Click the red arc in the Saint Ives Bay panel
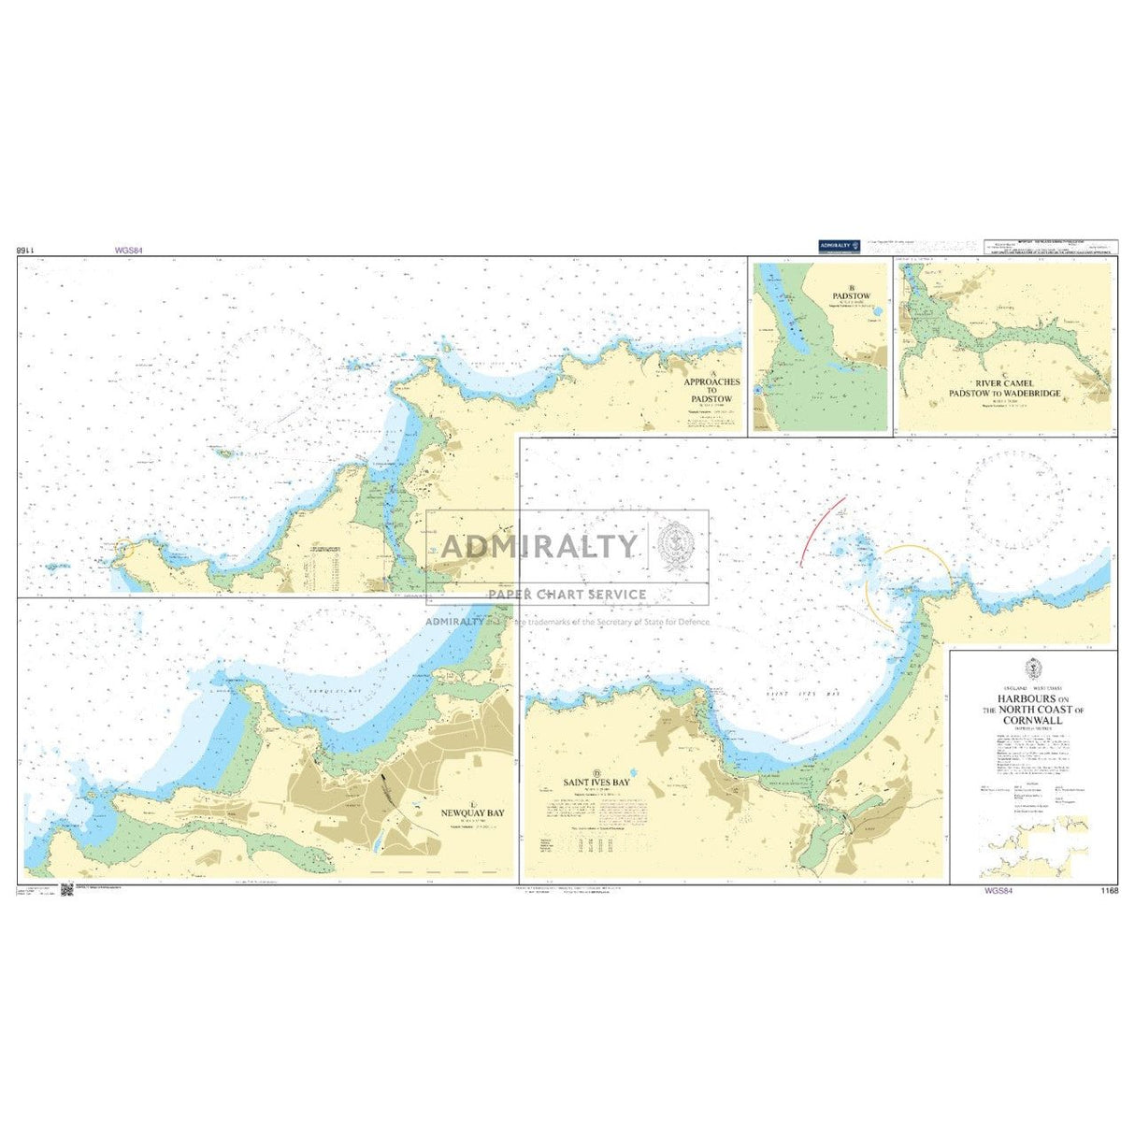(822, 530)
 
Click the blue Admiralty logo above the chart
(839, 246)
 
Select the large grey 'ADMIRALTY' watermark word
(539, 545)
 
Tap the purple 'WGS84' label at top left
(126, 251)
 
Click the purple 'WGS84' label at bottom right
(998, 891)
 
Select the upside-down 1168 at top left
(24, 251)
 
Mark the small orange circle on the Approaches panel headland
(124, 552)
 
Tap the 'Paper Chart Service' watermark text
(567, 594)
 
